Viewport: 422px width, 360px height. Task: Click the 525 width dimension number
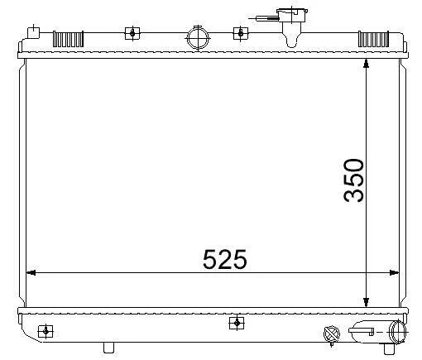225,259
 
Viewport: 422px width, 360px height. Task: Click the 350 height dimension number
353,180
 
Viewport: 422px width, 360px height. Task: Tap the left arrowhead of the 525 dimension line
31,273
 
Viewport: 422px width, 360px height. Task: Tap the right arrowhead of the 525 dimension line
394,273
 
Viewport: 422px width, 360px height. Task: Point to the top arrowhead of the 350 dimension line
366,64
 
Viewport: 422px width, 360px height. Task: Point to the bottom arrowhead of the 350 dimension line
366,302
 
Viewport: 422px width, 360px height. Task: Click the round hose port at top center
199,38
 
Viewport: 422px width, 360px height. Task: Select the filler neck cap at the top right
292,15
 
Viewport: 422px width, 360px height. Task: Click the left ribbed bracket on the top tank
68,39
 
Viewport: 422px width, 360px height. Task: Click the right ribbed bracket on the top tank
373,39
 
